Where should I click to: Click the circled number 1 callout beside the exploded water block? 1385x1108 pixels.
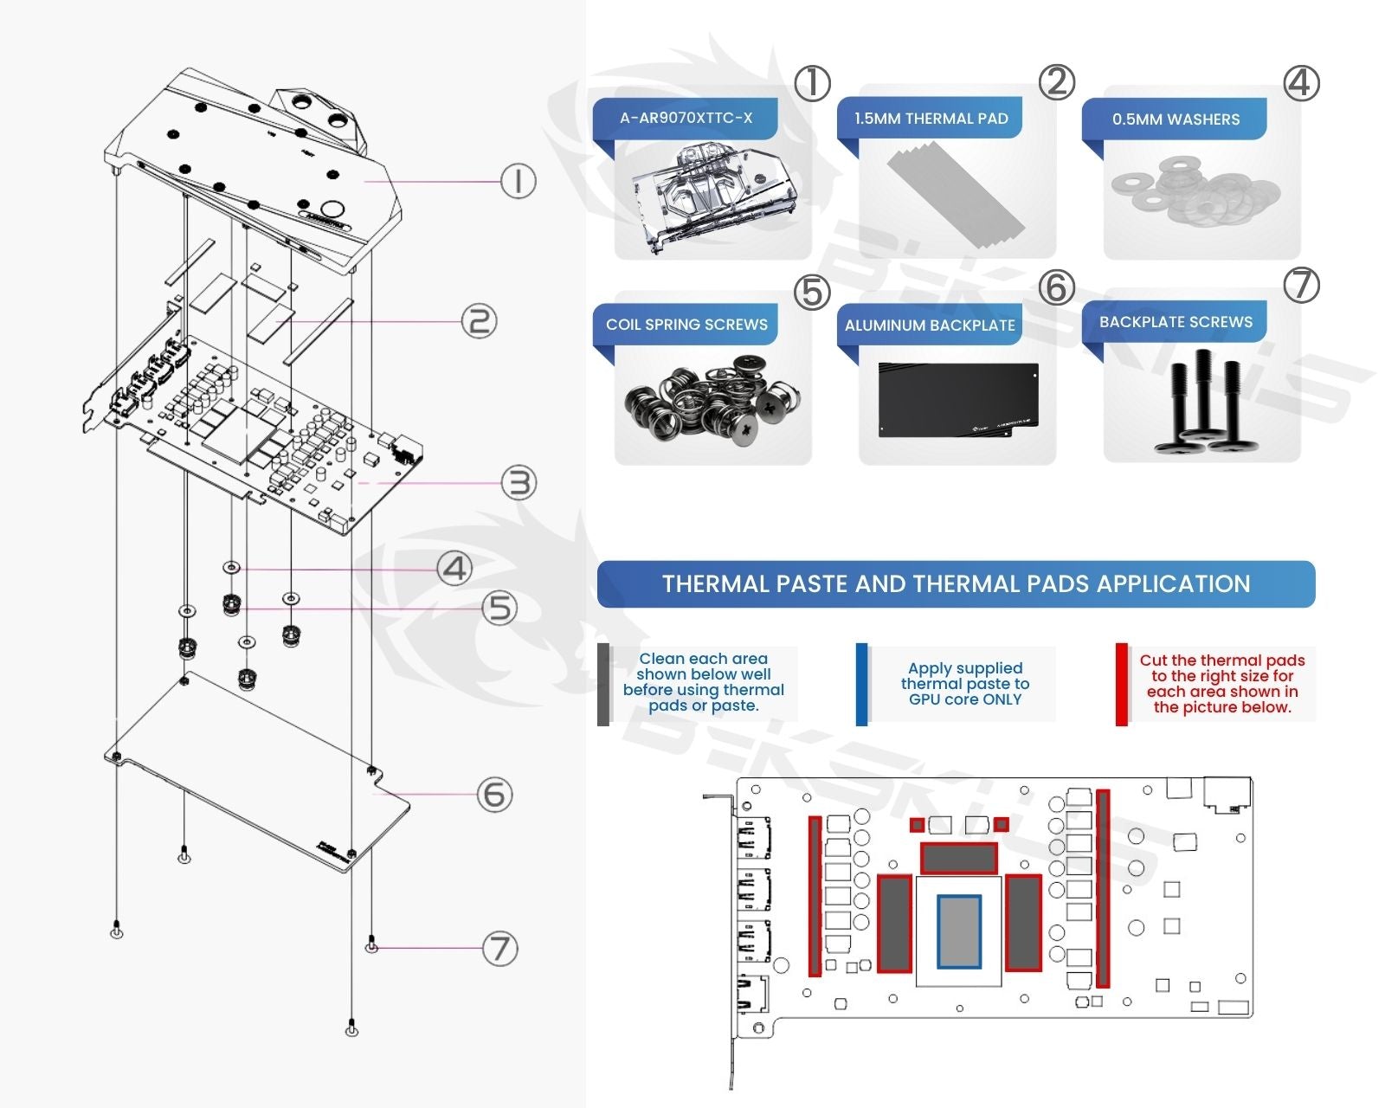tap(518, 181)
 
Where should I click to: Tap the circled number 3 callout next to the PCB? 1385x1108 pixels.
tap(519, 482)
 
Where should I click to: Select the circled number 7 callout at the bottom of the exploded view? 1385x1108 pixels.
tap(499, 949)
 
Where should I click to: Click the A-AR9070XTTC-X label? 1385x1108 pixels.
tap(686, 118)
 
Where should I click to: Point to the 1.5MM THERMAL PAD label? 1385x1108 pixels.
tap(931, 119)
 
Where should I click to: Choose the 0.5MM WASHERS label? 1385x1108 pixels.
tap(1176, 119)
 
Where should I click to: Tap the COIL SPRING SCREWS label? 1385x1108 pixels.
tap(686, 325)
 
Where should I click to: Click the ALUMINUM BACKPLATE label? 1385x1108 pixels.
tap(930, 325)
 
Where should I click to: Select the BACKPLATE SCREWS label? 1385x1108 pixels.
tap(1176, 322)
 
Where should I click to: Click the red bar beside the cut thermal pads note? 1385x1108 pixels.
tap(1121, 684)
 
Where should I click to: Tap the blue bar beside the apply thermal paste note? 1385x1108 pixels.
tap(861, 684)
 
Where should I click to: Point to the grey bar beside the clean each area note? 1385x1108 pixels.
tap(603, 684)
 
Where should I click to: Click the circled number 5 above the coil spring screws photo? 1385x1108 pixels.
tap(812, 293)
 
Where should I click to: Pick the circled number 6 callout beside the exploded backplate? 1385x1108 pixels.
tap(494, 794)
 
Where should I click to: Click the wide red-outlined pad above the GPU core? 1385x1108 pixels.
tap(958, 858)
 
